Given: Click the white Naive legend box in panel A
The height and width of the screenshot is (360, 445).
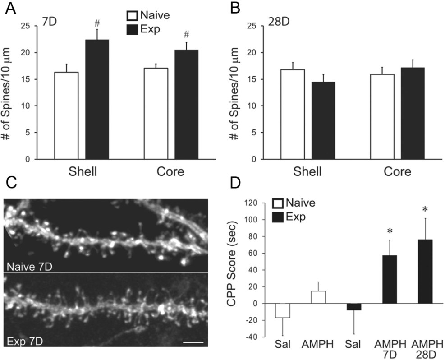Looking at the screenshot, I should (x=132, y=16).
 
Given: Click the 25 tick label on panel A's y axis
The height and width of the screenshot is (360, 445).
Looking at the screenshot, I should (x=28, y=26).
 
